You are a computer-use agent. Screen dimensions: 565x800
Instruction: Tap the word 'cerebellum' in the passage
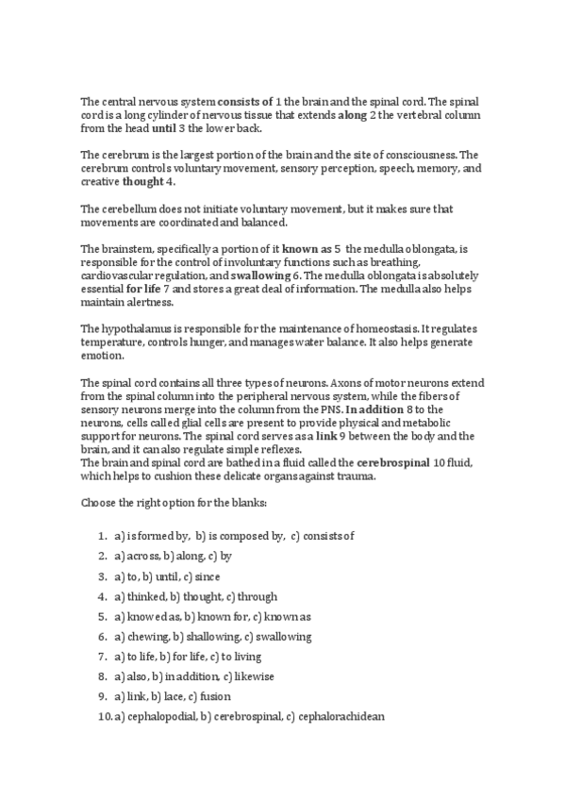pyautogui.click(x=129, y=208)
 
